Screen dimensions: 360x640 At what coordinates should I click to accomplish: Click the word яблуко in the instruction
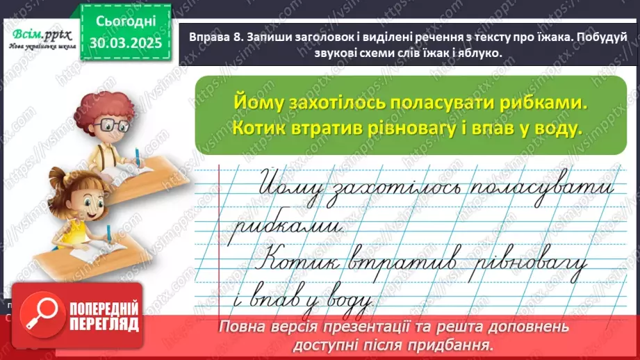477,55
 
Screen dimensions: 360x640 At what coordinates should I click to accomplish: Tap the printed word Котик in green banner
249,129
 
